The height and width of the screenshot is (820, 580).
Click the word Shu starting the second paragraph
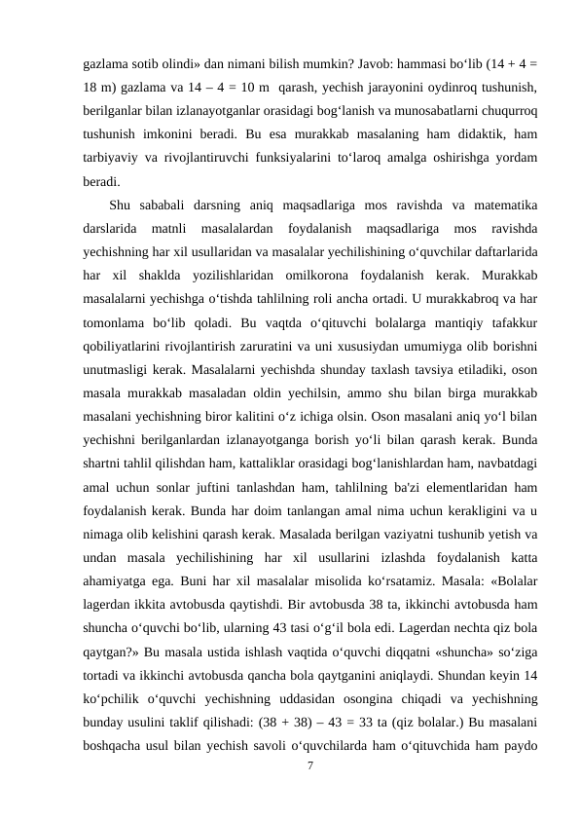[x=122, y=204]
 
